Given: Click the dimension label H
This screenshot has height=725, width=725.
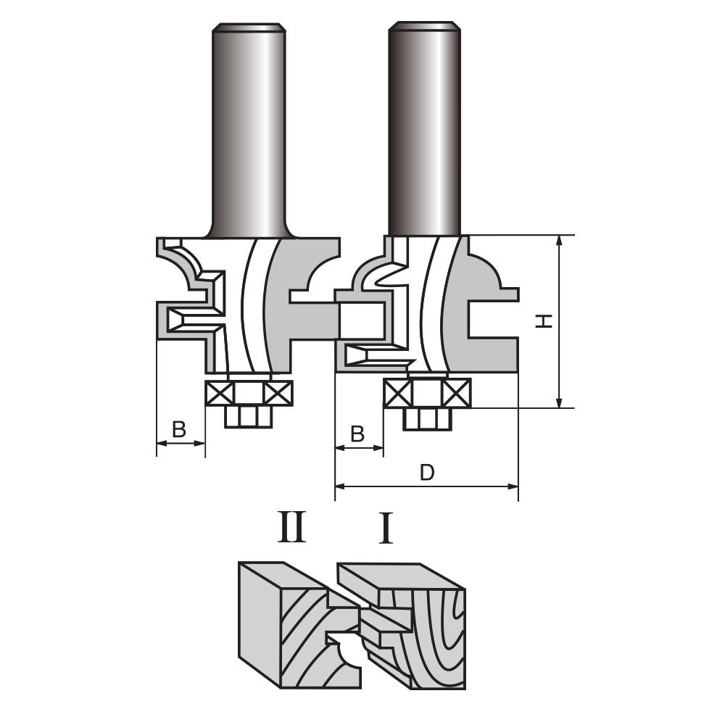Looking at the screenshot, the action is click(544, 321).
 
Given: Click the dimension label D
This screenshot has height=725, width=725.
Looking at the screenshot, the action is click(427, 473).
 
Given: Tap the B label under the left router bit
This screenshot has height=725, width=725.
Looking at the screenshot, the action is click(179, 429).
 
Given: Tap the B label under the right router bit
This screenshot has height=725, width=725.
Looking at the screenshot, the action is click(357, 434).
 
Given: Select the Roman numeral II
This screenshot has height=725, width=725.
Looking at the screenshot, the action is click(291, 526).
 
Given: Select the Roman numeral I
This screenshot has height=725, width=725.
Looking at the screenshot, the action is click(386, 526).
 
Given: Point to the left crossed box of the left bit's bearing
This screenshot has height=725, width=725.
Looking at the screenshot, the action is click(220, 394).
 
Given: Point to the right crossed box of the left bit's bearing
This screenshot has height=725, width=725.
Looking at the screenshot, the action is click(278, 394).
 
